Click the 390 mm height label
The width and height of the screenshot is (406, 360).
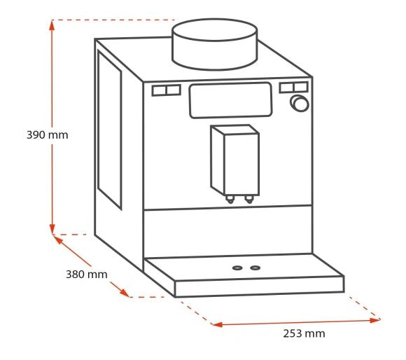(x=48, y=135)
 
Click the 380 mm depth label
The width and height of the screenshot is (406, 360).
(x=87, y=275)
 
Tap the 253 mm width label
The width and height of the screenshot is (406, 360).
(x=304, y=333)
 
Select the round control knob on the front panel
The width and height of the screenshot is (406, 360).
(x=300, y=104)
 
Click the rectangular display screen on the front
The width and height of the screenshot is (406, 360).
(x=230, y=100)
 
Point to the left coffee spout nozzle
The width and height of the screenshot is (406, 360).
(x=230, y=199)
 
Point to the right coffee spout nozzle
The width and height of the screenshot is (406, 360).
(x=249, y=199)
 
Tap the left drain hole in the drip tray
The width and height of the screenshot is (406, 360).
(x=237, y=268)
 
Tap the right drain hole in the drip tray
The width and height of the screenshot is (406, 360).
(x=255, y=268)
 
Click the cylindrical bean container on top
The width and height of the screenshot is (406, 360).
(x=215, y=44)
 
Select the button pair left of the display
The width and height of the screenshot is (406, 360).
(x=166, y=90)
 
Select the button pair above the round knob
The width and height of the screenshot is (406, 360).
(x=293, y=88)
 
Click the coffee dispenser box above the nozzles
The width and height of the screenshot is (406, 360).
(x=234, y=160)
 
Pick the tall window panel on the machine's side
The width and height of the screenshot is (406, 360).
(x=109, y=130)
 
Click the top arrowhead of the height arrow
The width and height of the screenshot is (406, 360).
(x=52, y=25)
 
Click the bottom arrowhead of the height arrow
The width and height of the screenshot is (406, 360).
(x=52, y=229)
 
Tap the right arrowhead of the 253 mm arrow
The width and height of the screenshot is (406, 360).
(x=375, y=320)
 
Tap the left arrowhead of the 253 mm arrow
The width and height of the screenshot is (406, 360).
(x=218, y=324)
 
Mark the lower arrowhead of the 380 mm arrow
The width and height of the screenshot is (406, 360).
(x=125, y=293)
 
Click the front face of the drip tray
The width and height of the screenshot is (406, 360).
(x=260, y=286)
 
